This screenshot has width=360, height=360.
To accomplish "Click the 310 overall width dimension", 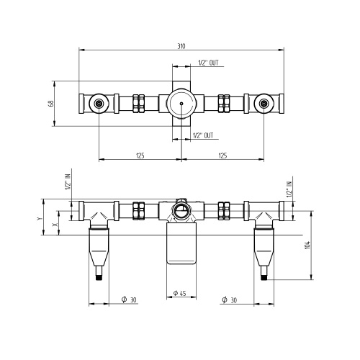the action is [181, 46].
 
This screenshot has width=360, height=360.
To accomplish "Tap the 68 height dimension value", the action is [51, 104].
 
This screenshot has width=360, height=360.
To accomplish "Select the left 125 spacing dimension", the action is [140, 156].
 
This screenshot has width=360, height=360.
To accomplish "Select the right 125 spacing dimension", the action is [222, 156].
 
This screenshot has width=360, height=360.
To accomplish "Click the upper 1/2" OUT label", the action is [208, 63].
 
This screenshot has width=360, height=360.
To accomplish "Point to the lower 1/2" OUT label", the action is [203, 135].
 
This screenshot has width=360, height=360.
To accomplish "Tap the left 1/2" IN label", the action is [68, 181].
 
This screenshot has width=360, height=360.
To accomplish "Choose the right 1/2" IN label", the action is [289, 189].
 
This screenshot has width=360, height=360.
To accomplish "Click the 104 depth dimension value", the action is [307, 245].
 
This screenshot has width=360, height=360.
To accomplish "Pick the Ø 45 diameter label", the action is [179, 293].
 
